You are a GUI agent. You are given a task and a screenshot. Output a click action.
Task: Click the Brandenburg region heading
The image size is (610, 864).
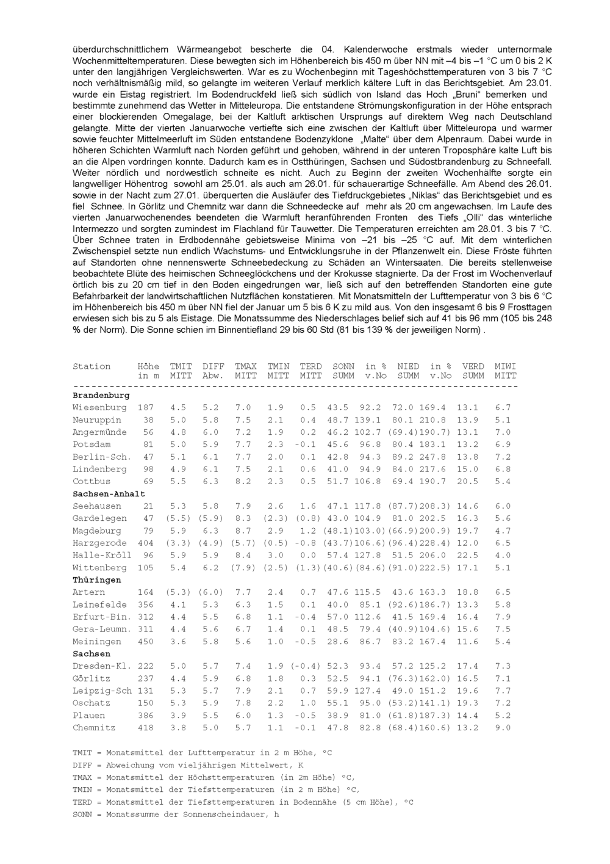tap(101, 396)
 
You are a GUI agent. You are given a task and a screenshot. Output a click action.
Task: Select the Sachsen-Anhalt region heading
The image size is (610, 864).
tap(109, 494)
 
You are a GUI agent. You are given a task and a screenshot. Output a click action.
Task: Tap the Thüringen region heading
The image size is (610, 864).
tap(96, 580)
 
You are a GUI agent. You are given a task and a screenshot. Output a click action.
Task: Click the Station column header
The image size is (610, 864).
tap(91, 366)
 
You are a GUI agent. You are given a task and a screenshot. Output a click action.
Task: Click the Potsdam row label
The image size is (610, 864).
tap(91, 445)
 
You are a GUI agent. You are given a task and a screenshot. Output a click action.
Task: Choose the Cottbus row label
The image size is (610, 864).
tap(91, 482)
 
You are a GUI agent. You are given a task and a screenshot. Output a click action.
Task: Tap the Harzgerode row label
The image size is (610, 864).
tap(99, 543)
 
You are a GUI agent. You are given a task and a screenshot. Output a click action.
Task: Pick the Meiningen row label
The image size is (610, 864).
tap(96, 642)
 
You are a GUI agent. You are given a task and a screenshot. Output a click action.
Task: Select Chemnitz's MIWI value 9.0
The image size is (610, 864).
tap(503, 728)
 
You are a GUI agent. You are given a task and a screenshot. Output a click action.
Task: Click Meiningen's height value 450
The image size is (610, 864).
tap(146, 642)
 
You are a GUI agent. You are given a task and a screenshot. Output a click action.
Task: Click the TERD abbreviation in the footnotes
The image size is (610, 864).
tap(82, 802)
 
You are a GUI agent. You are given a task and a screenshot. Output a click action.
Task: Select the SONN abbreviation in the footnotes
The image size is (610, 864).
tap(82, 815)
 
